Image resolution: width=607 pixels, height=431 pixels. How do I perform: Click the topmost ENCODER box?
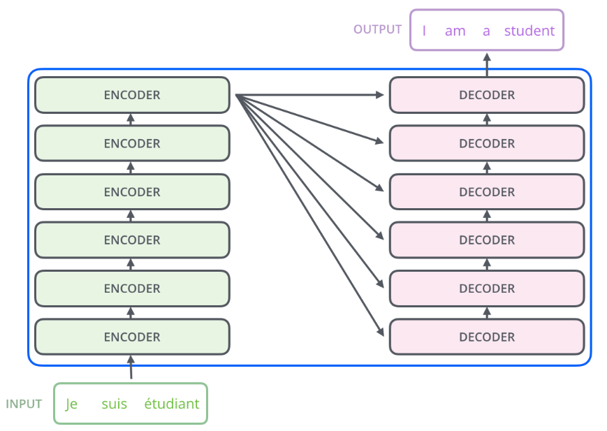coord(132,95)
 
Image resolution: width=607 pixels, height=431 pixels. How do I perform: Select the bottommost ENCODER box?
coord(132,337)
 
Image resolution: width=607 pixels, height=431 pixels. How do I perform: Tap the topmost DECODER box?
coord(487,95)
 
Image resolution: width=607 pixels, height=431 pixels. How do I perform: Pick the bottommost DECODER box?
coord(487,337)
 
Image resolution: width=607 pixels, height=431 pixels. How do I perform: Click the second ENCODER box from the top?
coord(132,143)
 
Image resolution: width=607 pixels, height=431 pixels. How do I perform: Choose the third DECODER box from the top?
coord(487,191)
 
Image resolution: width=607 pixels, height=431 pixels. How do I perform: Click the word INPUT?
coord(24,404)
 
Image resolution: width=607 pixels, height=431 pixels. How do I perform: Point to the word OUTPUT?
coord(377,29)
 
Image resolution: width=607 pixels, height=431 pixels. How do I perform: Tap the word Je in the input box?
coord(71,404)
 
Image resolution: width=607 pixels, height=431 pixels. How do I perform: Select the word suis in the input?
coord(114,404)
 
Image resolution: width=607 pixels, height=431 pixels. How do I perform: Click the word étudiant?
coord(172,404)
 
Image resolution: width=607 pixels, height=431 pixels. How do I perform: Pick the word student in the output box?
coord(529,31)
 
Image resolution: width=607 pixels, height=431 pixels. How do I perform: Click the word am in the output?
coord(455,31)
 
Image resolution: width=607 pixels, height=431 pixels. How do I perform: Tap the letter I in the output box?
coord(424,31)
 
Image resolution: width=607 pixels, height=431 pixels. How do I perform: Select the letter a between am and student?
coord(486,31)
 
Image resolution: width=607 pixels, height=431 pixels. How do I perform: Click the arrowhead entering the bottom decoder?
coord(381,332)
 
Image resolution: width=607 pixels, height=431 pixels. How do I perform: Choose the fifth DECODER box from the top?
coord(487,288)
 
